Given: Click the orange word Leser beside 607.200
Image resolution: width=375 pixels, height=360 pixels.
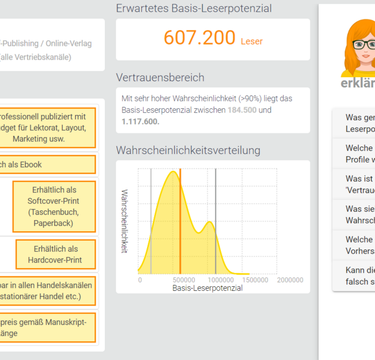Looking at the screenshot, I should (252, 41).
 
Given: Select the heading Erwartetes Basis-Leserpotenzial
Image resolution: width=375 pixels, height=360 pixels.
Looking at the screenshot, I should (194, 8).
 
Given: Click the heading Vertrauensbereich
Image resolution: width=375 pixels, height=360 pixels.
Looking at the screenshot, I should (160, 77).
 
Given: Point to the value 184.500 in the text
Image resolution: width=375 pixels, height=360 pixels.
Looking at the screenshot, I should (243, 110).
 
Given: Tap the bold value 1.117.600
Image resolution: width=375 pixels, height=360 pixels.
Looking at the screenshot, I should (140, 122).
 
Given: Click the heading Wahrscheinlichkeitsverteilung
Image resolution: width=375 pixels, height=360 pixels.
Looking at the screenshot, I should (188, 150).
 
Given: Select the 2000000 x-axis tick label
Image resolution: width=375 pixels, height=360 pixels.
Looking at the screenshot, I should (290, 280).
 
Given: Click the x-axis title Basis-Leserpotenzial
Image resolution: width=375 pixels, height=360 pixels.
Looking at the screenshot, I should (207, 288).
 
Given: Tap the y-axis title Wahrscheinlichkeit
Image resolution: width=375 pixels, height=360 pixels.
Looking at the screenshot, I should (124, 221).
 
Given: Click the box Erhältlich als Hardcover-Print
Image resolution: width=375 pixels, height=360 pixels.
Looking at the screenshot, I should (56, 255).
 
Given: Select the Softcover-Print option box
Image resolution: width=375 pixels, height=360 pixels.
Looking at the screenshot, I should (53, 207).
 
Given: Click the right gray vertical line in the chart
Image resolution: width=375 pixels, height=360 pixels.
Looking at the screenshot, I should (216, 222).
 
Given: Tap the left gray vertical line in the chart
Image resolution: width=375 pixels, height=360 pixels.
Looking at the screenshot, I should (151, 222).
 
